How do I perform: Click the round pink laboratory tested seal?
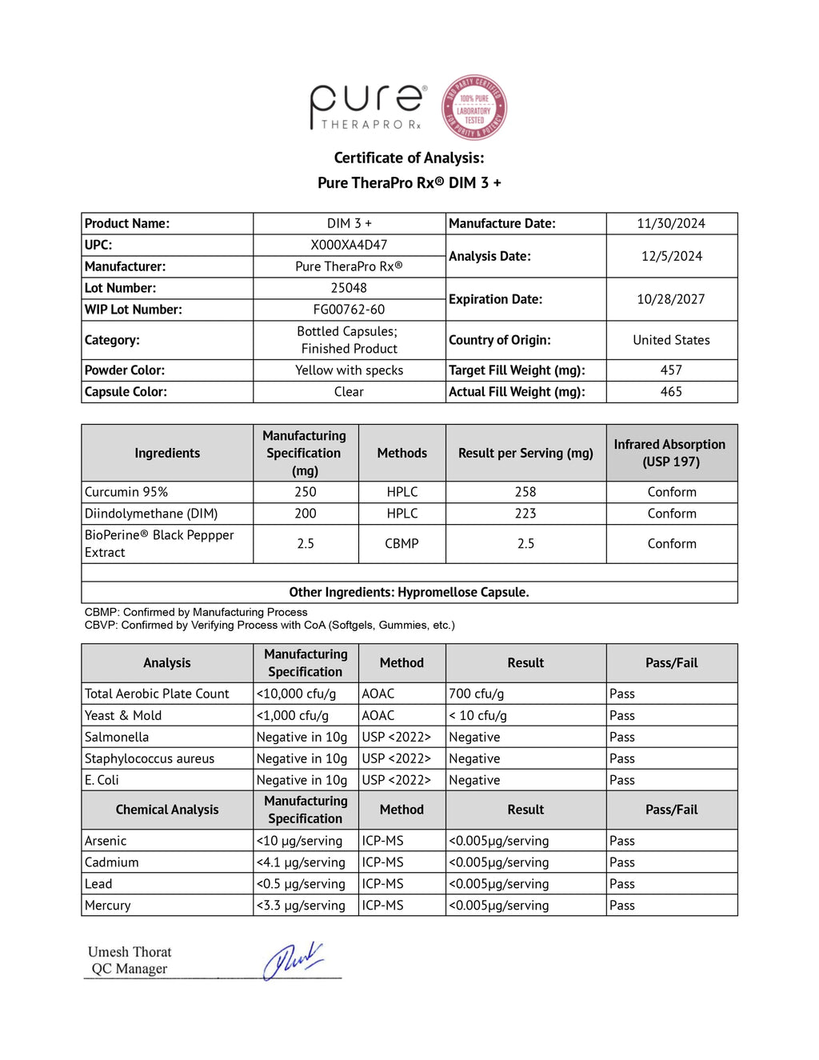(x=474, y=108)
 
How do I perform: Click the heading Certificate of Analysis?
(x=409, y=158)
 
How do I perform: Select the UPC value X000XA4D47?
(x=349, y=245)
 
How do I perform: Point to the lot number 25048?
(x=349, y=288)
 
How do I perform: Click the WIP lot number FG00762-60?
(x=349, y=310)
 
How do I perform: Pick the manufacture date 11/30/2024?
(x=671, y=223)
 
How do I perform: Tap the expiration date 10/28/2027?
(x=671, y=299)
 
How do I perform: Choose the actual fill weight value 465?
(x=671, y=392)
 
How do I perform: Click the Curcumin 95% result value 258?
(x=525, y=492)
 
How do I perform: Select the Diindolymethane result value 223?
(x=525, y=514)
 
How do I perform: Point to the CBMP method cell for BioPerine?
(x=402, y=544)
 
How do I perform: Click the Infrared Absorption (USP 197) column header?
(x=670, y=453)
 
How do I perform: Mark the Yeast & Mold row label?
(x=123, y=715)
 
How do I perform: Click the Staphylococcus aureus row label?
(x=150, y=758)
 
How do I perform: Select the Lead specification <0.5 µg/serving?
(x=301, y=884)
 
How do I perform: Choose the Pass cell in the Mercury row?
(x=622, y=906)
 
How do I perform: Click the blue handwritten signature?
(x=293, y=960)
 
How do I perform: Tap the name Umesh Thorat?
(x=130, y=952)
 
